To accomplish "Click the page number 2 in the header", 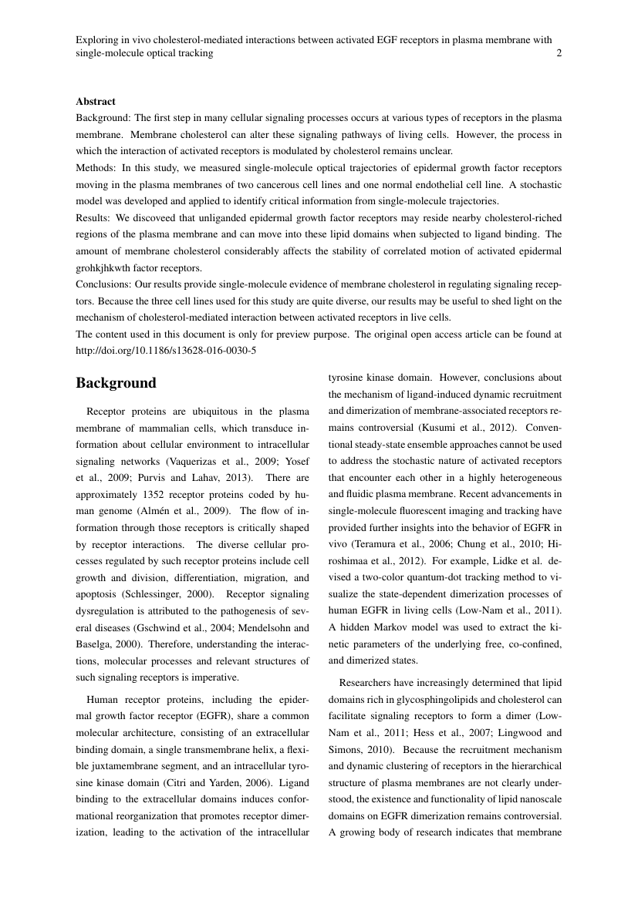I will click(x=559, y=54).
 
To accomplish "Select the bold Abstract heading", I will click(x=96, y=102).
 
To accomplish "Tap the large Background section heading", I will click(x=116, y=383).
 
